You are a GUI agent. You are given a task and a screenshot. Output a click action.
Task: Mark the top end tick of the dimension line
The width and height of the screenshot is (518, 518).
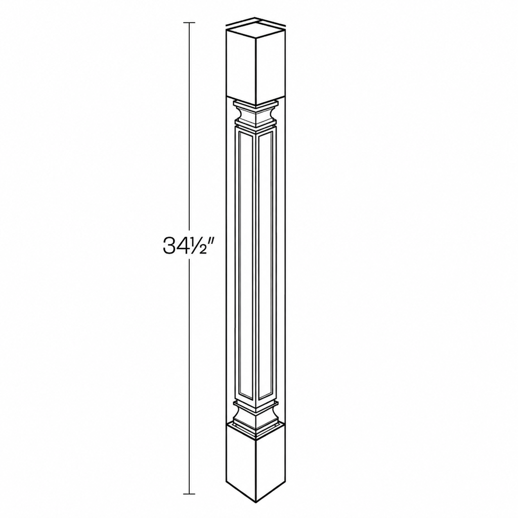(189, 23)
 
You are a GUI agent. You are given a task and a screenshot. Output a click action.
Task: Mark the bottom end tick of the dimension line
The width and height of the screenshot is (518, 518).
(189, 494)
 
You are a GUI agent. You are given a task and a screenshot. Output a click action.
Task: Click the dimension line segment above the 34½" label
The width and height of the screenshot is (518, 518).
(189, 129)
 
